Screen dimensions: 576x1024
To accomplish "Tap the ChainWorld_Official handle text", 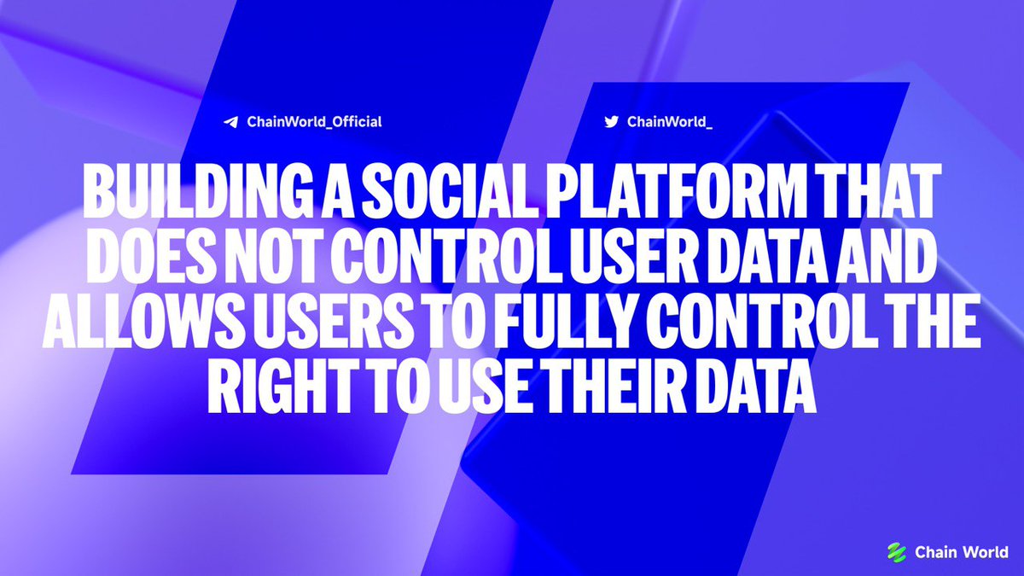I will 314,122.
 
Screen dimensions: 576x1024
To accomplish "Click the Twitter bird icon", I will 611,121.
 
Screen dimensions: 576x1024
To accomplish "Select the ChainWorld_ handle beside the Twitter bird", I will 670,121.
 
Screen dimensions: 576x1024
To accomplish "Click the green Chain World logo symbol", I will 896,551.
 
